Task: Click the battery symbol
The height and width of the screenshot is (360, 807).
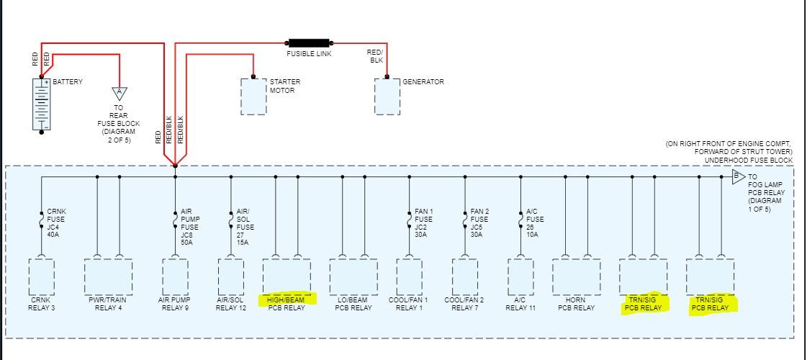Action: click(x=42, y=104)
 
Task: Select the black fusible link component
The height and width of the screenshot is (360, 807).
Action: click(x=309, y=42)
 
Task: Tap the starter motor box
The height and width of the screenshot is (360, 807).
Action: click(x=253, y=96)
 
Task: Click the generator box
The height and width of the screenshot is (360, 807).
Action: click(x=387, y=96)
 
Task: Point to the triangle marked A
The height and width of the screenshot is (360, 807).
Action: click(x=120, y=93)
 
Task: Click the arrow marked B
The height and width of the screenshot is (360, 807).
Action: click(x=738, y=176)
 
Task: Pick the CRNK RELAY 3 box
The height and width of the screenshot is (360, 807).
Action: click(x=42, y=276)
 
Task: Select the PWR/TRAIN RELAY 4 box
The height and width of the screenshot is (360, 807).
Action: click(x=108, y=276)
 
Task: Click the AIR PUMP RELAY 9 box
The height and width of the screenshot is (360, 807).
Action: click(x=175, y=276)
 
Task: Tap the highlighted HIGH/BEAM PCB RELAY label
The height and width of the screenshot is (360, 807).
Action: click(x=287, y=303)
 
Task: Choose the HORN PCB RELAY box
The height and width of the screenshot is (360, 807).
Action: click(x=576, y=276)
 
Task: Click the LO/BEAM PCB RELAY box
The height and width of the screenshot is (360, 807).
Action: click(x=353, y=276)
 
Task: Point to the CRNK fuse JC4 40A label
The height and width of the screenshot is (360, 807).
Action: click(x=56, y=222)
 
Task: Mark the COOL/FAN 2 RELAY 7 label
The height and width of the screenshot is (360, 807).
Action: click(x=464, y=303)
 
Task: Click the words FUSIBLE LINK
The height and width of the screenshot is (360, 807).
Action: click(x=309, y=54)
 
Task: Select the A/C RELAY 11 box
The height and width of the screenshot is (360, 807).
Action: click(x=520, y=276)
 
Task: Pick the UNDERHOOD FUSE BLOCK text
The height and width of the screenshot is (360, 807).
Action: click(x=748, y=160)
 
